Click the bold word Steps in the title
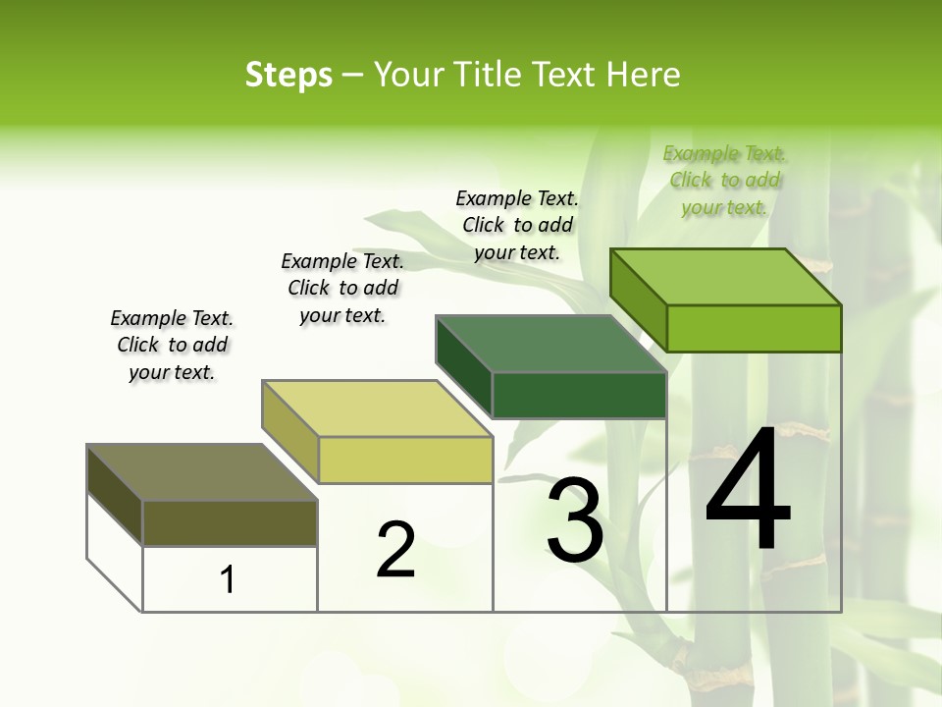pos(288,75)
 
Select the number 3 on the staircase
pos(575,519)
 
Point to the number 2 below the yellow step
pos(396,550)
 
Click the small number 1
pos(228,579)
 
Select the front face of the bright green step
pos(754,328)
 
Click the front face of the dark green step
pos(579,395)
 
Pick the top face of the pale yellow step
pos(377,408)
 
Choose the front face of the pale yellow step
pos(405,460)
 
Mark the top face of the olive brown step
pos(202,472)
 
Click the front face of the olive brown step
pos(230,522)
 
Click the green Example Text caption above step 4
pos(724,181)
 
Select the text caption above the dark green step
pos(517,226)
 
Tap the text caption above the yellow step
pos(342,288)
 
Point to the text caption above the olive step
pos(172,345)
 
